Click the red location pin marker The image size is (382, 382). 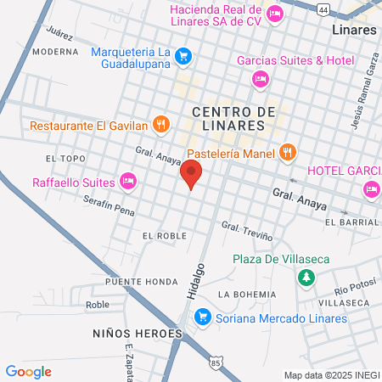(x=192, y=175)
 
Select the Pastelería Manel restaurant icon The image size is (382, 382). (x=289, y=153)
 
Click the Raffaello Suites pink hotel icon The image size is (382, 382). (x=128, y=181)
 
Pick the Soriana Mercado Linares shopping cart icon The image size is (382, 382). (x=203, y=318)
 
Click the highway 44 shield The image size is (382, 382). (x=323, y=9)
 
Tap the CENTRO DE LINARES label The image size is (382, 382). (x=234, y=118)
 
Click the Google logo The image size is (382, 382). (x=29, y=371)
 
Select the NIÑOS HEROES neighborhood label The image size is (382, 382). (x=138, y=334)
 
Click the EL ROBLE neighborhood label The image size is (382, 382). (x=165, y=235)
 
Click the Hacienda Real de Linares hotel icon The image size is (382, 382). (x=274, y=14)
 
